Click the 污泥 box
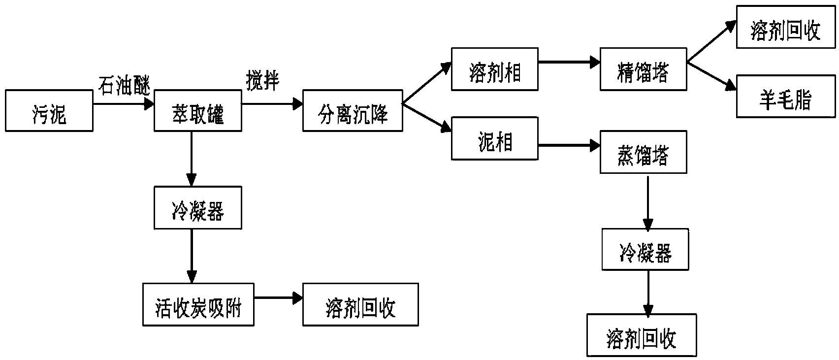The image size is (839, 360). click(x=49, y=110)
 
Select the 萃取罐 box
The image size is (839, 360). click(x=198, y=110)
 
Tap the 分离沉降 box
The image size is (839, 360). click(x=353, y=110)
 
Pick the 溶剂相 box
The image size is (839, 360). click(x=495, y=69)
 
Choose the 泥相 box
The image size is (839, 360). click(x=495, y=138)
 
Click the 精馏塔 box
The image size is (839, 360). click(x=644, y=69)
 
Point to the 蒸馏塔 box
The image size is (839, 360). click(x=644, y=152)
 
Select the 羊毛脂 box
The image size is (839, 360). click(x=786, y=96)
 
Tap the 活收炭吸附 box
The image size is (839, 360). click(x=198, y=304)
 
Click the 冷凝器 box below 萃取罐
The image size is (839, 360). click(x=198, y=207)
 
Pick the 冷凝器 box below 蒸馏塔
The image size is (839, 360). click(x=645, y=250)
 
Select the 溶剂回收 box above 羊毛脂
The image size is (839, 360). click(x=786, y=27)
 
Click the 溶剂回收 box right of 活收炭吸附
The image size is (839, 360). click(x=361, y=304)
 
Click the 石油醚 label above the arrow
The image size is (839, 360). click(x=125, y=85)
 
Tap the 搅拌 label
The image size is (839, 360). click(x=262, y=81)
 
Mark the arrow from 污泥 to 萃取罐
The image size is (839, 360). click(x=124, y=104)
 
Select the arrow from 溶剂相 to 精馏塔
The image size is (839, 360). click(x=569, y=62)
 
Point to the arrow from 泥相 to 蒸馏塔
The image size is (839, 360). click(x=569, y=145)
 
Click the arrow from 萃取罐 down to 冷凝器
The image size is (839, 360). click(x=192, y=159)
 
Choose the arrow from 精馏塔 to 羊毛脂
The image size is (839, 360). click(x=711, y=76)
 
